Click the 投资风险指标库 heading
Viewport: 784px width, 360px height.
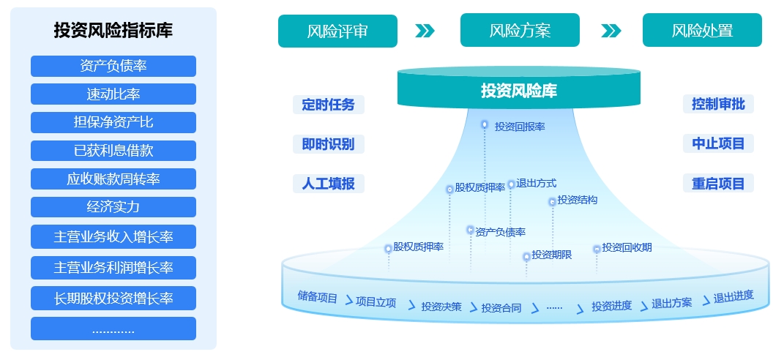[x=113, y=31]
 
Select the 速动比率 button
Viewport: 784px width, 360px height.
[x=113, y=94]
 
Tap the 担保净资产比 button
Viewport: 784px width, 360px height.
[x=113, y=122]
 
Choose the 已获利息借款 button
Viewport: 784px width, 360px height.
[x=113, y=151]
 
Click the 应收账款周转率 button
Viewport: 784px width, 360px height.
[x=113, y=179]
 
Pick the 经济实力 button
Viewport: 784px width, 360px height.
[x=113, y=207]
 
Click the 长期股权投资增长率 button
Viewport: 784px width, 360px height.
[x=113, y=298]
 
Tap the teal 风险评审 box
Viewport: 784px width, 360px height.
[x=337, y=31]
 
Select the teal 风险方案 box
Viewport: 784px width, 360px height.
[x=520, y=31]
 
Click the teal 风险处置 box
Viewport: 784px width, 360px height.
[x=702, y=31]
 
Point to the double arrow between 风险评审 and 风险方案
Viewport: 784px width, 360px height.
[x=425, y=31]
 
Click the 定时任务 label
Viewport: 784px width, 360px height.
[x=328, y=105]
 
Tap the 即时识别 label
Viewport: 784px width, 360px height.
[x=328, y=144]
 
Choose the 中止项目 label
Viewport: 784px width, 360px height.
[x=718, y=144]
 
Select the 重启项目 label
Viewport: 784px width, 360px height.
[x=718, y=183]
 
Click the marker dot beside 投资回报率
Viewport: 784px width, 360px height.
[x=485, y=125]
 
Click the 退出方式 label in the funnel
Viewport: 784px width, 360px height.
[x=537, y=184]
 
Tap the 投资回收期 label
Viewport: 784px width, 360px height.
[x=627, y=247]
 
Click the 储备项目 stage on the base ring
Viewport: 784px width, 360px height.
[x=318, y=297]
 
